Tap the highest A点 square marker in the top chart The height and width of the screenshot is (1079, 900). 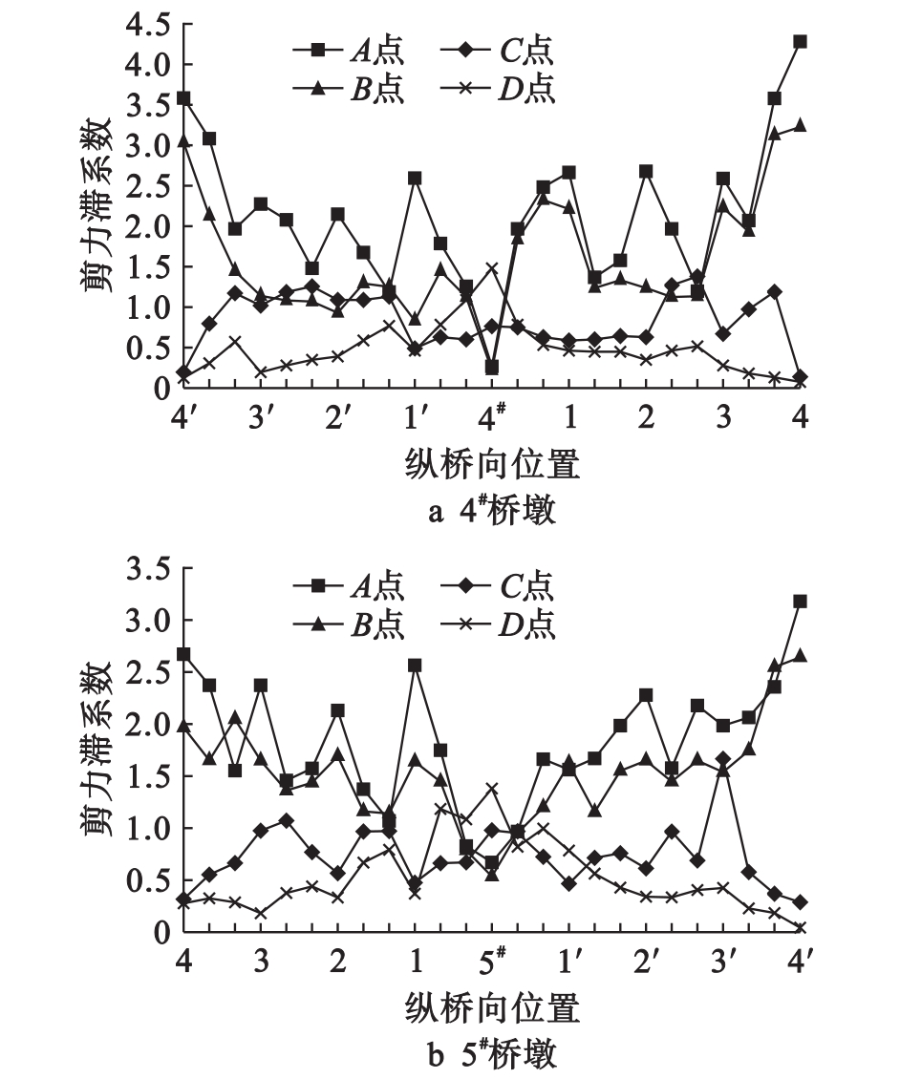click(x=801, y=42)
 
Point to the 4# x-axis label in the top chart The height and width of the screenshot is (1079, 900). click(x=492, y=418)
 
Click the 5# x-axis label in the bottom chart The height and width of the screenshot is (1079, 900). click(x=492, y=963)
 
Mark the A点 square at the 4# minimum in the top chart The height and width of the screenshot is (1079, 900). click(x=491, y=368)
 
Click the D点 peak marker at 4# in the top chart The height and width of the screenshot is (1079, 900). click(x=491, y=267)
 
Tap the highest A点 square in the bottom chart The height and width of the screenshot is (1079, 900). click(x=801, y=602)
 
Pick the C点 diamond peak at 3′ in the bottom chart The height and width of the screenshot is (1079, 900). click(x=723, y=759)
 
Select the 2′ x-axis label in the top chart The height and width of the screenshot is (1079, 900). click(x=336, y=418)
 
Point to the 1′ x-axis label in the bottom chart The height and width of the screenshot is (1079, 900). click(x=570, y=963)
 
